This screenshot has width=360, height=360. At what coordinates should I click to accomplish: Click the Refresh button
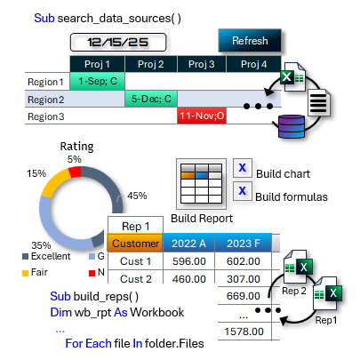point(249,41)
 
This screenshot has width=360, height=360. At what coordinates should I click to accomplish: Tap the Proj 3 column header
point(203,64)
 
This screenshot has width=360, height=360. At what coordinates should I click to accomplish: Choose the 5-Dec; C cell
point(152,99)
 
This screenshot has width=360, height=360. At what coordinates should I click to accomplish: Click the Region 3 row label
point(45,116)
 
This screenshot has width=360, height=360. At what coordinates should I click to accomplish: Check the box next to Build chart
point(241,168)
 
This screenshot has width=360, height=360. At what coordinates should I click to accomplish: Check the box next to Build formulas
point(241,190)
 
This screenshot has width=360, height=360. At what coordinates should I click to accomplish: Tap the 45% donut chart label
point(137,196)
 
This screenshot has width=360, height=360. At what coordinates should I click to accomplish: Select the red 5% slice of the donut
point(75,172)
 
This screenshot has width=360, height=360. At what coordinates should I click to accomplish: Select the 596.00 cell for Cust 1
point(189,261)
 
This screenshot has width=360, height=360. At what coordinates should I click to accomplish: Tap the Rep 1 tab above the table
point(135,226)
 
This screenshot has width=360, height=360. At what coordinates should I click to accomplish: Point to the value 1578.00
point(244,331)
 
